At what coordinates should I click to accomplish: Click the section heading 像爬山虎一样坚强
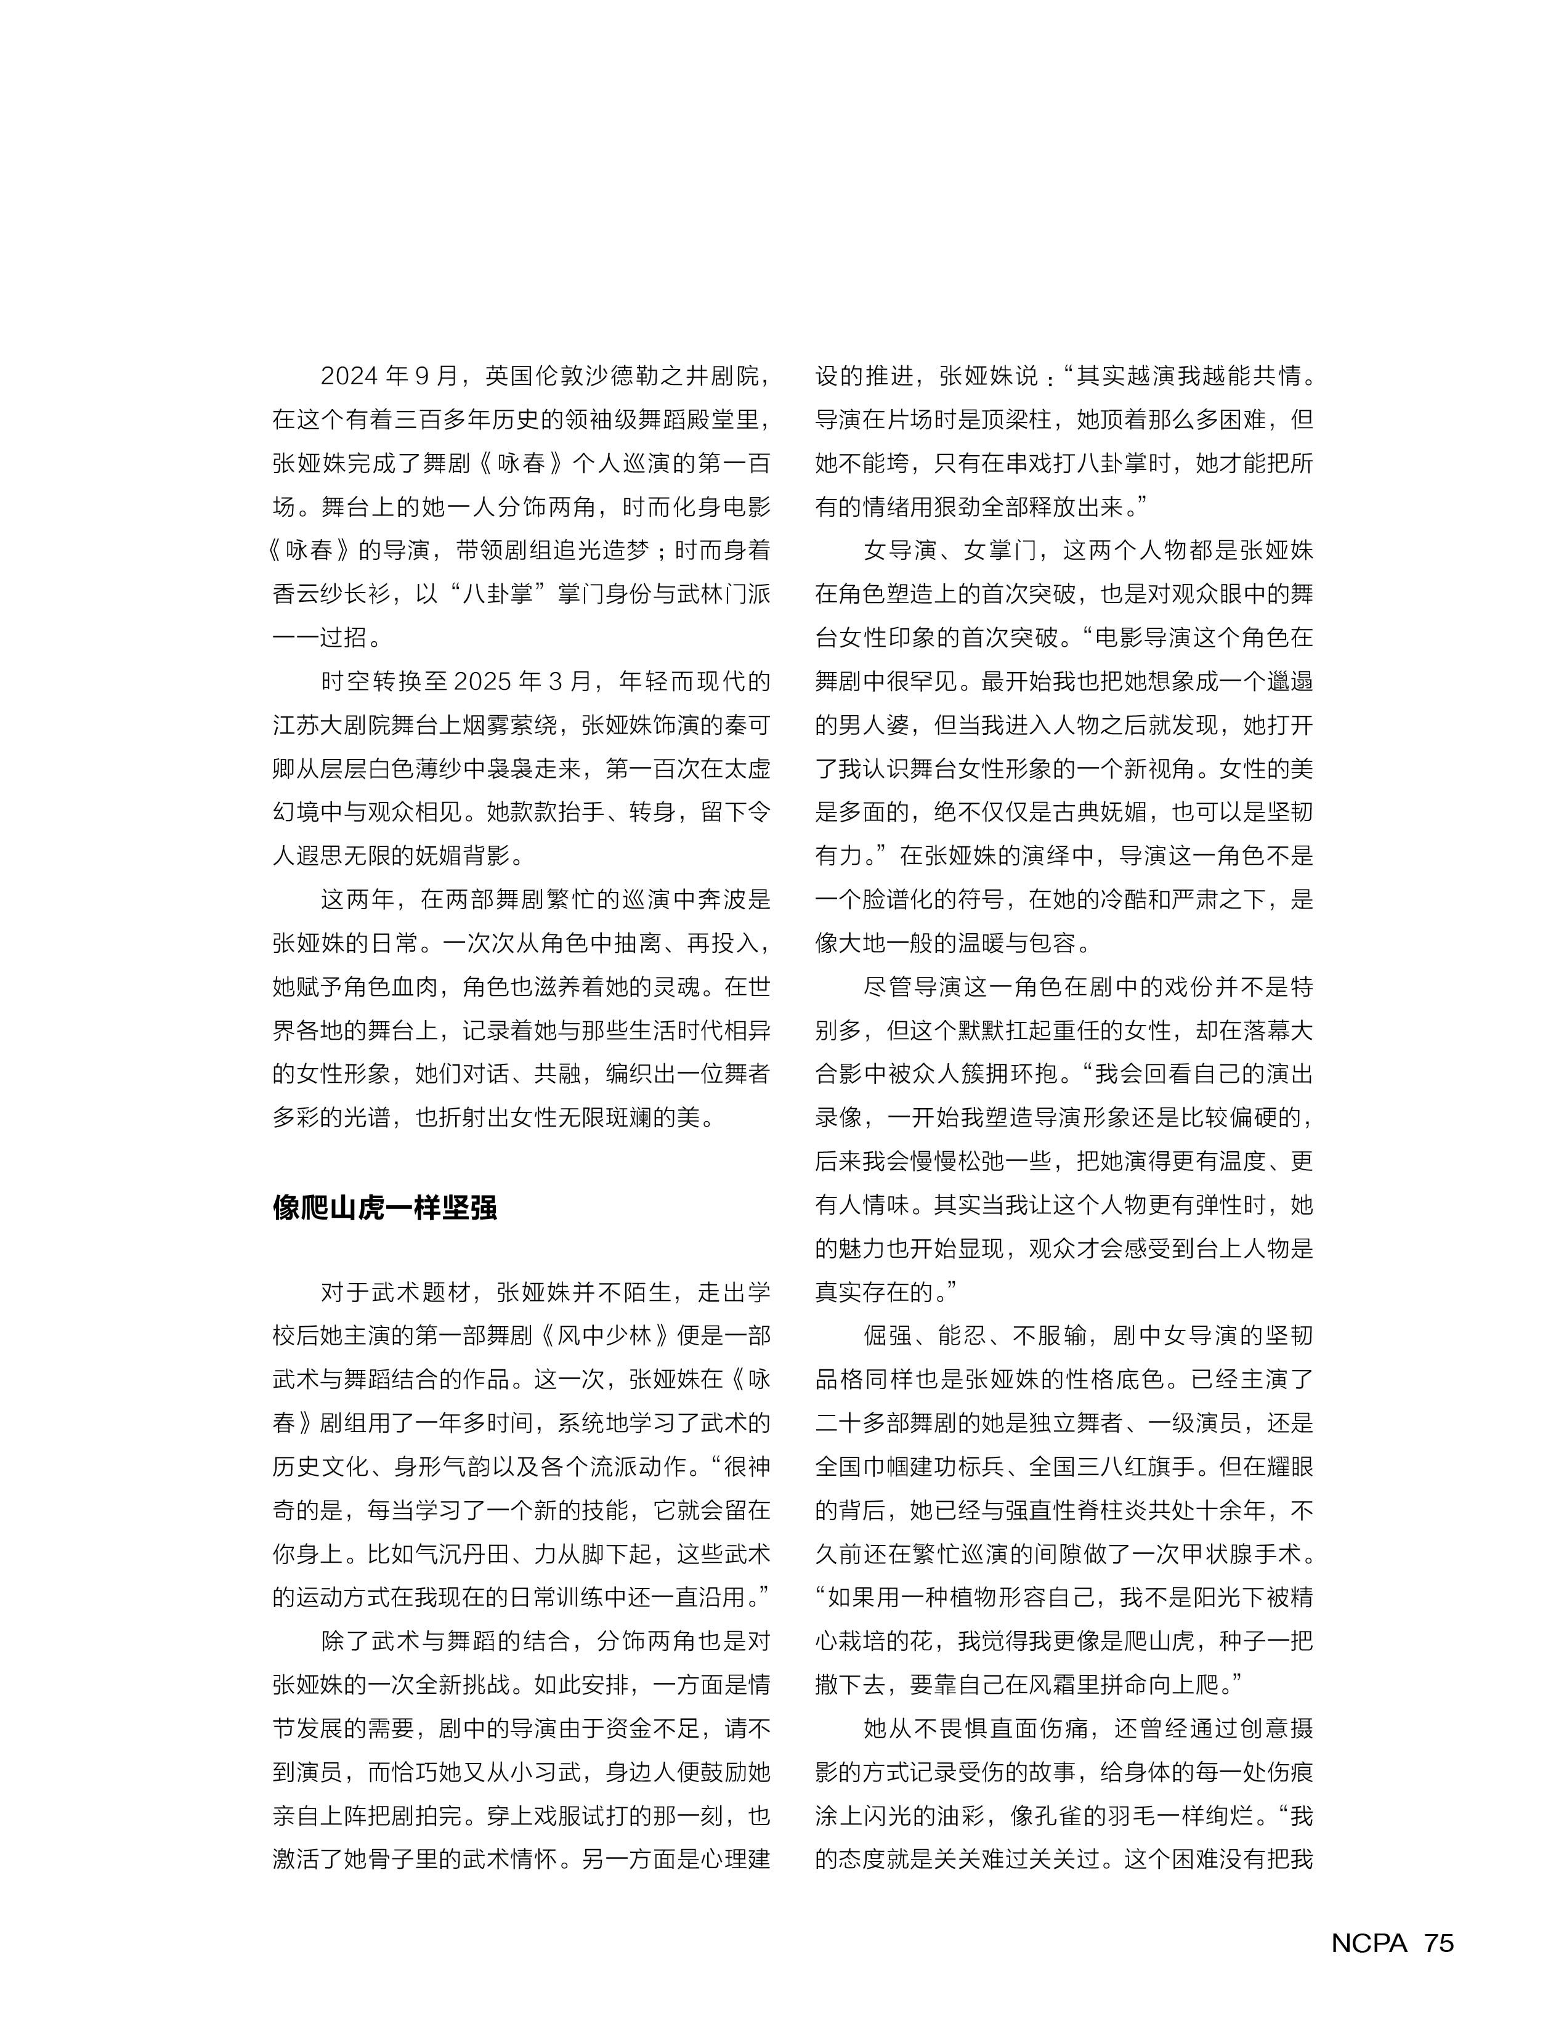tap(384, 1207)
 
